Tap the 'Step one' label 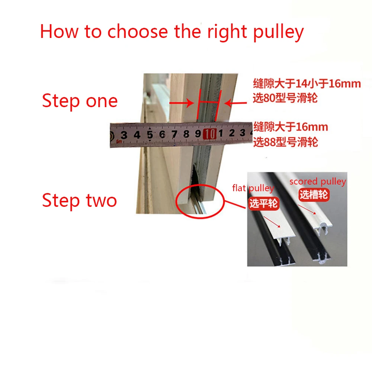[x=80, y=101]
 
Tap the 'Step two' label [x=80, y=201]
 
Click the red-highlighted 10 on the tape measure [x=210, y=134]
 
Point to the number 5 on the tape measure [x=150, y=135]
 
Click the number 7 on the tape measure [x=174, y=134]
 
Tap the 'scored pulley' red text [x=318, y=182]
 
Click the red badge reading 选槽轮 [x=314, y=195]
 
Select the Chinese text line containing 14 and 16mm [x=307, y=83]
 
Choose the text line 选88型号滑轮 [x=286, y=142]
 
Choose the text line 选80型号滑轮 [x=286, y=99]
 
